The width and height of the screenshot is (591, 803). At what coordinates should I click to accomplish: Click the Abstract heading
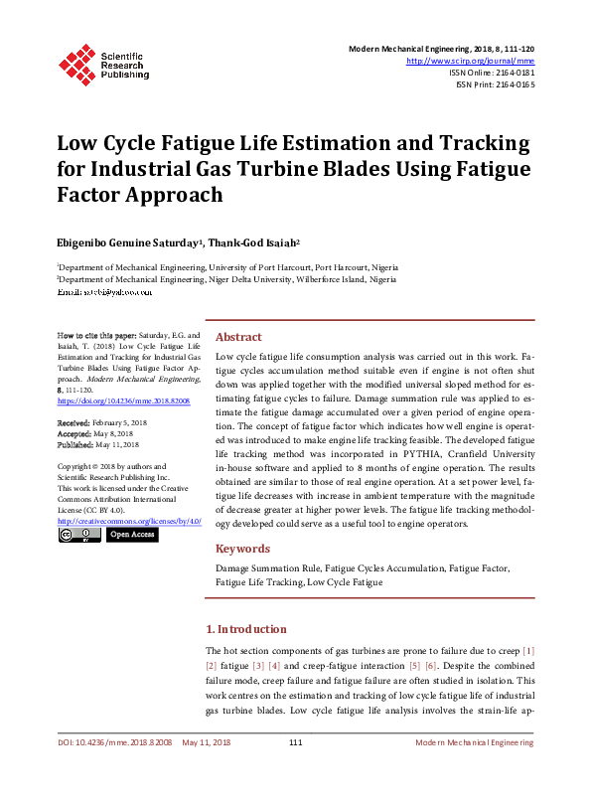point(238,337)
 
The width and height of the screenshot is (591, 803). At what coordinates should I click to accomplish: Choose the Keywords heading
point(242,549)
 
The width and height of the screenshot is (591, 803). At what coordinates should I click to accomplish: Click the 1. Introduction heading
point(245,629)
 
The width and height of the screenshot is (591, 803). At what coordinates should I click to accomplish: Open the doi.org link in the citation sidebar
point(124,401)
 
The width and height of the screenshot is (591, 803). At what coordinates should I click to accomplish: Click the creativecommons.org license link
point(129,521)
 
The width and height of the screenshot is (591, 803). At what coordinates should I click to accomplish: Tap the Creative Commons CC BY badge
point(79,535)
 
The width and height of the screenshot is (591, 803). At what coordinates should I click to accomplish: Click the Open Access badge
point(131,535)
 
